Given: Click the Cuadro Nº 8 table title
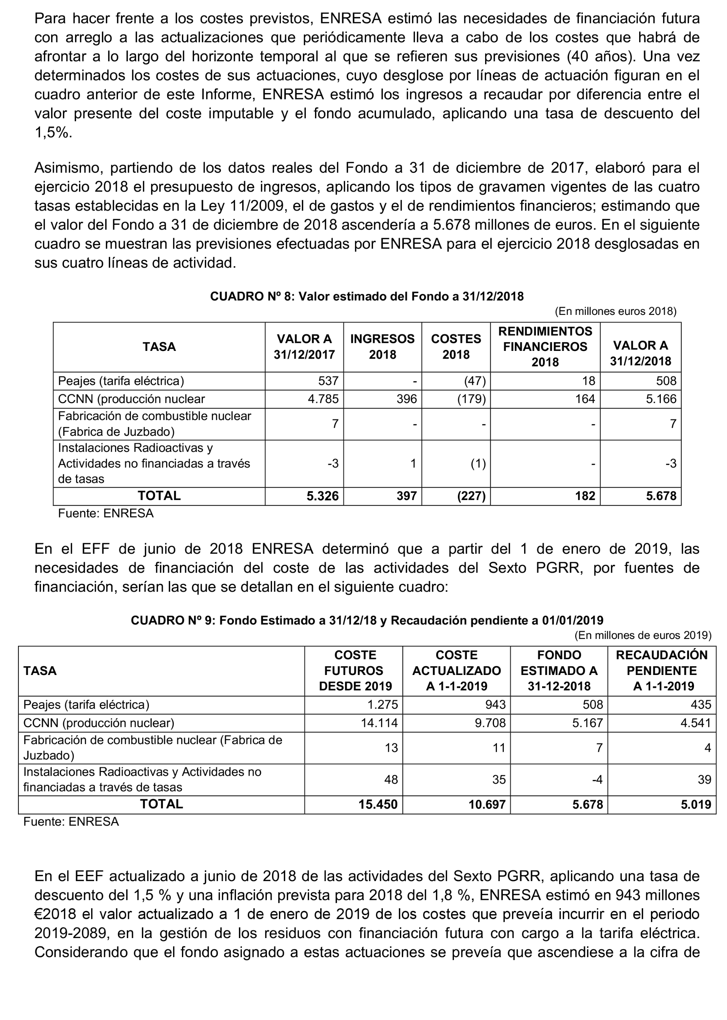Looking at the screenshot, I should (367, 296).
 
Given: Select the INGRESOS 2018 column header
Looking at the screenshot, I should (382, 346).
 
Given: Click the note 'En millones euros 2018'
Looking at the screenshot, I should (616, 311).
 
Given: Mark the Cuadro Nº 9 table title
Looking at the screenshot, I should (367, 620).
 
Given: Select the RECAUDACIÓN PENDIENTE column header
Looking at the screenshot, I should (662, 671).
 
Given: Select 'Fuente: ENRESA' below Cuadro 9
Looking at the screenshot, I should (71, 822).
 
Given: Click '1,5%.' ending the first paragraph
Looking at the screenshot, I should (53, 133).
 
